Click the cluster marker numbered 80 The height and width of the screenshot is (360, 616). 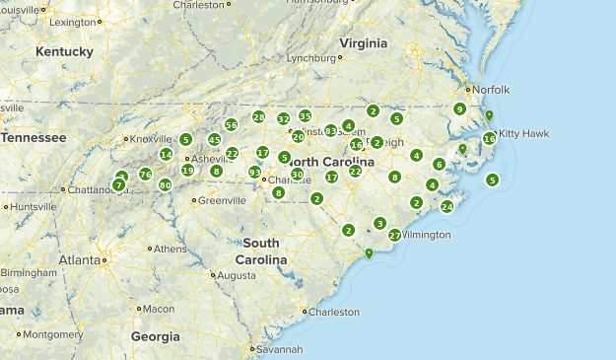point(165,184)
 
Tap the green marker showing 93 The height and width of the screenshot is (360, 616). point(254,173)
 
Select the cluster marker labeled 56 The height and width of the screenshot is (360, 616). point(231,125)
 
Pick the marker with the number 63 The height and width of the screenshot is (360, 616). point(330,131)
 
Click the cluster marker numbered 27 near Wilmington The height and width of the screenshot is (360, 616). point(395,236)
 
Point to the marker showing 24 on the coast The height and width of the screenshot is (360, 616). point(446,207)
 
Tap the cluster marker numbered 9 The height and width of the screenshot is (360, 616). point(459,108)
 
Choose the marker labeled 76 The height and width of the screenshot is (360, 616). point(145,175)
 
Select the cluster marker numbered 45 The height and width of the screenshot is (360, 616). point(214,140)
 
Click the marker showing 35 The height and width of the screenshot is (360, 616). point(306,115)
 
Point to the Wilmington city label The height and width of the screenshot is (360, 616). point(426,235)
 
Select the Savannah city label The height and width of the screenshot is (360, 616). point(277,349)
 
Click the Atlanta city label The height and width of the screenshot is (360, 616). point(79,260)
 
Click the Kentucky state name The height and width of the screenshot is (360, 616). point(64,51)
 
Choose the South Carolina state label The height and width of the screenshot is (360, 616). point(261,251)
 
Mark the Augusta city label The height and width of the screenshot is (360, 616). point(237,275)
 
